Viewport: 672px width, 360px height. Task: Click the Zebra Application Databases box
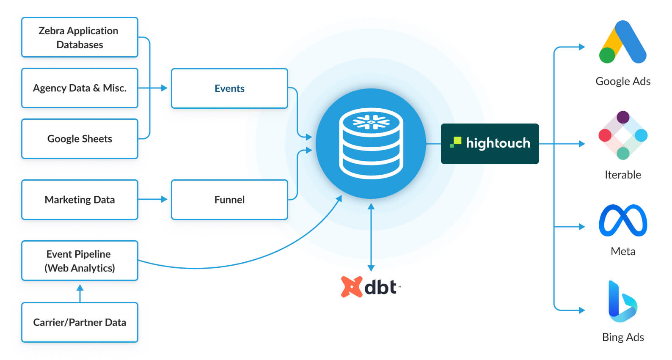coord(80,37)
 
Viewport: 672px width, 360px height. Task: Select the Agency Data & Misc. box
coord(80,88)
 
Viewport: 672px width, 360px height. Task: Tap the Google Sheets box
coord(80,139)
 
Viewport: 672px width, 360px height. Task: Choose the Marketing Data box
coord(80,200)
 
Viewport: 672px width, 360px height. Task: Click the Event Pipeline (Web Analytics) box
coord(80,261)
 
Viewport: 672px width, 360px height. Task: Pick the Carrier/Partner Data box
coord(80,322)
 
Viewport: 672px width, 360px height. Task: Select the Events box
coord(229,88)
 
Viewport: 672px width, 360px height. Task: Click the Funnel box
coord(229,200)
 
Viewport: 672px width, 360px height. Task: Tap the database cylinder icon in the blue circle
coord(371,143)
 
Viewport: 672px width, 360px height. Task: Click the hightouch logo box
coord(490,143)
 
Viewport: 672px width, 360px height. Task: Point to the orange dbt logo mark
coord(352,287)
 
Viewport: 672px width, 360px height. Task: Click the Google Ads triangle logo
coord(622,42)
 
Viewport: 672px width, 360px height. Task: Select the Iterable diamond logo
coord(623,135)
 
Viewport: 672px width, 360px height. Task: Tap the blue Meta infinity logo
coord(623,220)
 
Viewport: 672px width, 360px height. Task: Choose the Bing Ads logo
coord(622,301)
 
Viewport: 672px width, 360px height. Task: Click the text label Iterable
coord(623,175)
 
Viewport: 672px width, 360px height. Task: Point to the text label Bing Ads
coord(623,337)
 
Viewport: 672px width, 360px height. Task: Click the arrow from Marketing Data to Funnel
coord(153,199)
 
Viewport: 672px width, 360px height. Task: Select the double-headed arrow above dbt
coord(371,237)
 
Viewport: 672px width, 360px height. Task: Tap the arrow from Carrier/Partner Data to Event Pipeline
coord(80,293)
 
